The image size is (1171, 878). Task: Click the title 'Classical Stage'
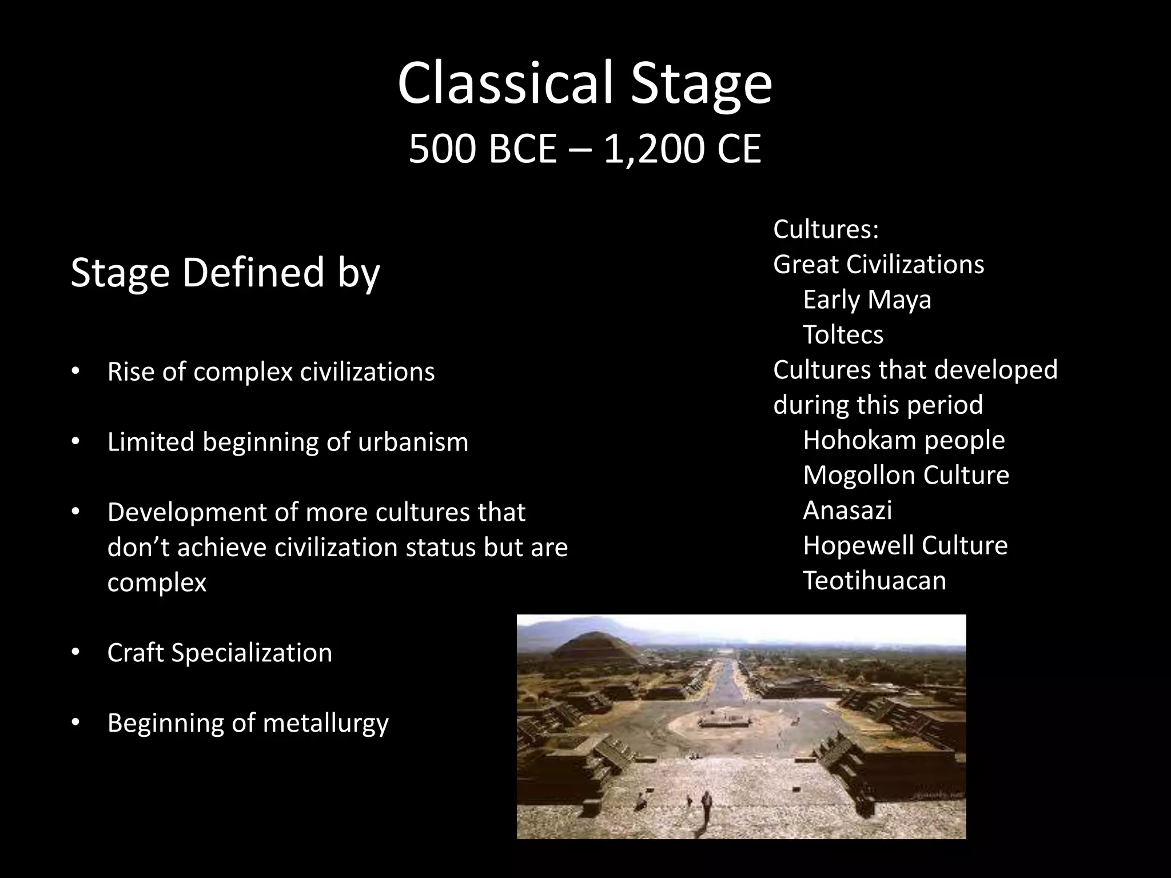[585, 85]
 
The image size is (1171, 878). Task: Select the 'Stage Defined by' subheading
[225, 273]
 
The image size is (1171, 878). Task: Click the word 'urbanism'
[413, 442]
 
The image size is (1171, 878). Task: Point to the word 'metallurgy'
[325, 724]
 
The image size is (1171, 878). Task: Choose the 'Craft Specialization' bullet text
[220, 653]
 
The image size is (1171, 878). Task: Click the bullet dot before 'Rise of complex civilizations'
[75, 372]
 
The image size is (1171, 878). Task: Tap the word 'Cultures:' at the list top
[826, 230]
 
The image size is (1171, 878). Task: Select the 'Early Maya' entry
[867, 300]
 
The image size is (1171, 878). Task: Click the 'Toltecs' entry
[843, 334]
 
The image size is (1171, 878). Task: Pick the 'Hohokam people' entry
[903, 440]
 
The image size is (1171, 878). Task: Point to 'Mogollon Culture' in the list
[906, 475]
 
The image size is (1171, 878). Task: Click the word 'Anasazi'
[847, 510]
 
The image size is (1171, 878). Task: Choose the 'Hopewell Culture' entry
[905, 545]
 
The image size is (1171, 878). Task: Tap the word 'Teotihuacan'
[874, 581]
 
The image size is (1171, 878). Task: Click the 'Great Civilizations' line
[878, 265]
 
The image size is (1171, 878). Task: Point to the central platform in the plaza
[724, 721]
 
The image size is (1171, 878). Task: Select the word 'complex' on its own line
[157, 583]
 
